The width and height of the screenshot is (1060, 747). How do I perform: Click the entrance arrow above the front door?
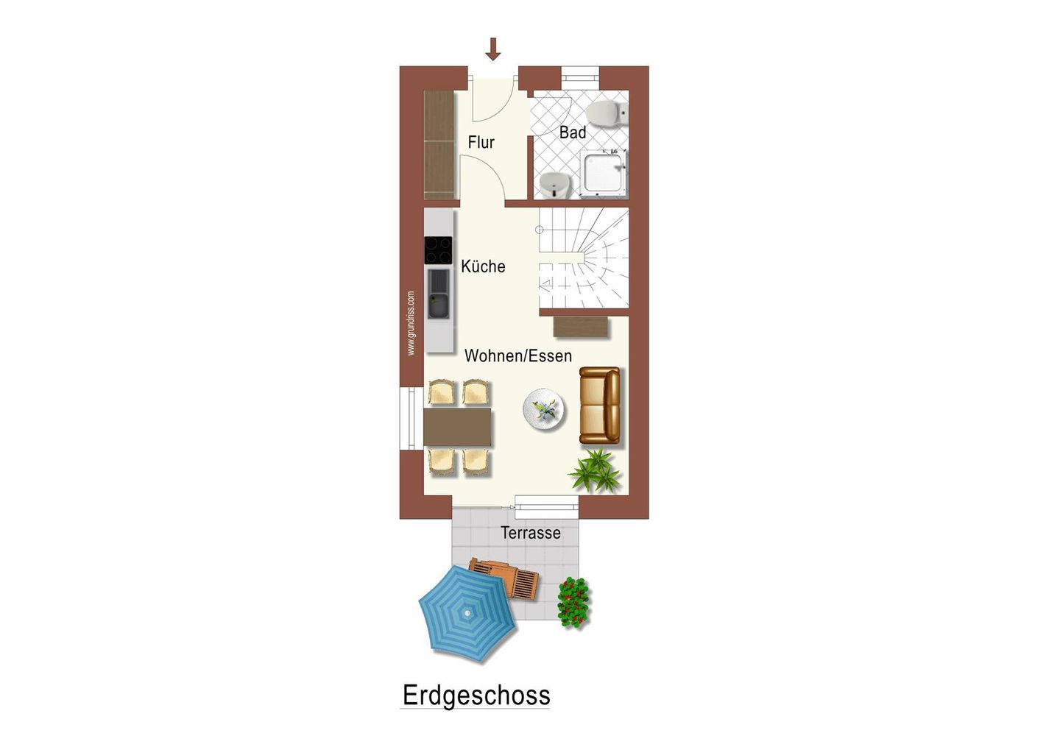pos(493,49)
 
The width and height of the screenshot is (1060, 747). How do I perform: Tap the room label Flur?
pos(481,142)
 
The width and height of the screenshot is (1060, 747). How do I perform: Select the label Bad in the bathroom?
pos(573,132)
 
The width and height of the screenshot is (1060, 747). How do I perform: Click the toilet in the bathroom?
pos(605,114)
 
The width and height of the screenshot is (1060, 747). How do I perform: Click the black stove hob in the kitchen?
pos(438,250)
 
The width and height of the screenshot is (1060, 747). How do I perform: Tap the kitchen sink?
pos(439,294)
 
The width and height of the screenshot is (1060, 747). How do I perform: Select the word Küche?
pos(483,266)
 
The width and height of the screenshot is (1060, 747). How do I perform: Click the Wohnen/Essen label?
pos(517,356)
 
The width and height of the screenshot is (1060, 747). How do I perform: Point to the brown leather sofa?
pos(600,406)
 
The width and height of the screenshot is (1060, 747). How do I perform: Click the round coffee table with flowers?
pos(545,410)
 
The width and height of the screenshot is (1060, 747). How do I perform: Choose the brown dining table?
pos(457,427)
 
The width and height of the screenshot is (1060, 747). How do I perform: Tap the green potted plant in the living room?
pos(596,471)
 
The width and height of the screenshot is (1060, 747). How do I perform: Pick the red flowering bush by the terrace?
pos(573,602)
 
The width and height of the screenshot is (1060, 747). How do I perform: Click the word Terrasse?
pos(530,533)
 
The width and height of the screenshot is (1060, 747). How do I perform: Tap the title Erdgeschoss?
pos(476,695)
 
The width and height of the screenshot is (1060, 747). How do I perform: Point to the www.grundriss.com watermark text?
pos(411,323)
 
